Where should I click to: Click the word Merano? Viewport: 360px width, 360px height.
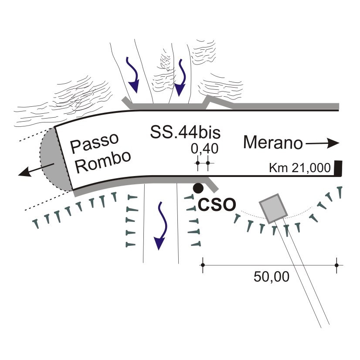[272, 143]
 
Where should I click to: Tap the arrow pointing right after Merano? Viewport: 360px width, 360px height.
[323, 143]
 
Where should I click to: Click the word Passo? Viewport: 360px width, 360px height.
[95, 143]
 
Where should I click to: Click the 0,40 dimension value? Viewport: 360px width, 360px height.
[204, 149]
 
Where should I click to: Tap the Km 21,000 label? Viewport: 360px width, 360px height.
[300, 168]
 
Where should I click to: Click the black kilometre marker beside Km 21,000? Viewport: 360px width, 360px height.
[338, 168]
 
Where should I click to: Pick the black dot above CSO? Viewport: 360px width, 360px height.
[198, 188]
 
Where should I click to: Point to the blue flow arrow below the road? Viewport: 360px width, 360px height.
[160, 227]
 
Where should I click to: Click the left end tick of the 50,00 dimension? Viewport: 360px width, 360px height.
[203, 265]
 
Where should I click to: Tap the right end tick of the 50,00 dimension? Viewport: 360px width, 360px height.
[336, 265]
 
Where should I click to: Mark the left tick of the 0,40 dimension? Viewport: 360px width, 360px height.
[197, 164]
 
